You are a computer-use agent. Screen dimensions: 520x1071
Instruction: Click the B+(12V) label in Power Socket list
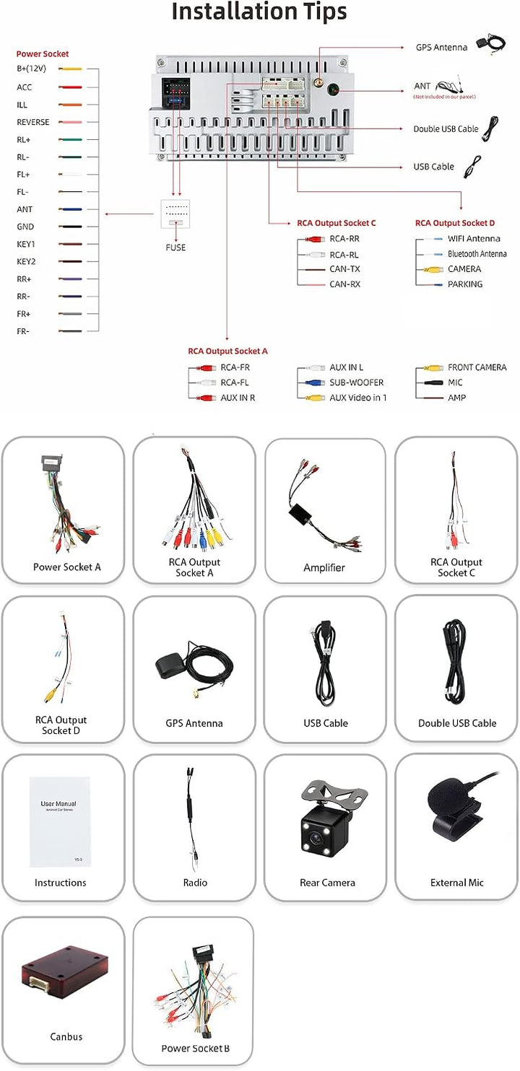pyautogui.click(x=32, y=69)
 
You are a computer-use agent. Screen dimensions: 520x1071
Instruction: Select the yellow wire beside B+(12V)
pyautogui.click(x=70, y=69)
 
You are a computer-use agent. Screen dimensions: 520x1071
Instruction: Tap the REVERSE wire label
pyautogui.click(x=33, y=122)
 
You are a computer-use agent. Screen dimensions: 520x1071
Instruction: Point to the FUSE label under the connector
pyautogui.click(x=175, y=248)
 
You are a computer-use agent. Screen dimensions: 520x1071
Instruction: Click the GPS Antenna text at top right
pyautogui.click(x=441, y=48)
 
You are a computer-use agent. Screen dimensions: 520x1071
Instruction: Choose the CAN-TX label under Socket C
pyautogui.click(x=345, y=268)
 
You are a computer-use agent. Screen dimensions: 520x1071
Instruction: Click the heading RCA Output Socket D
pyautogui.click(x=455, y=223)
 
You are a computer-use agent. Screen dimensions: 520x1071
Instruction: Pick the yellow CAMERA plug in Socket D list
pyautogui.click(x=433, y=269)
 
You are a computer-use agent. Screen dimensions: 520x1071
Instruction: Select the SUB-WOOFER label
pyautogui.click(x=356, y=382)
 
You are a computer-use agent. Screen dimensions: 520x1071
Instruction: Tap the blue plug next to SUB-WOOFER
pyautogui.click(x=316, y=382)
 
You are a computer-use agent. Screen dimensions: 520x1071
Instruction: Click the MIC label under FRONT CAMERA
pyautogui.click(x=455, y=382)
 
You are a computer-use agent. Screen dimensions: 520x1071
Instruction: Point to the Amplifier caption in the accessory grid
pyautogui.click(x=324, y=567)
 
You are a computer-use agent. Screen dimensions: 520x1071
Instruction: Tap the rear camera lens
pyautogui.click(x=316, y=838)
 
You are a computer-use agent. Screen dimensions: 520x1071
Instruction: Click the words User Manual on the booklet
pyautogui.click(x=58, y=804)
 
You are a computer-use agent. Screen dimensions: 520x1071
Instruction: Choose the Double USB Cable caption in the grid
pyautogui.click(x=457, y=723)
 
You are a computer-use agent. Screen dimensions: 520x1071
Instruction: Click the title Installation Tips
pyautogui.click(x=259, y=12)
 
